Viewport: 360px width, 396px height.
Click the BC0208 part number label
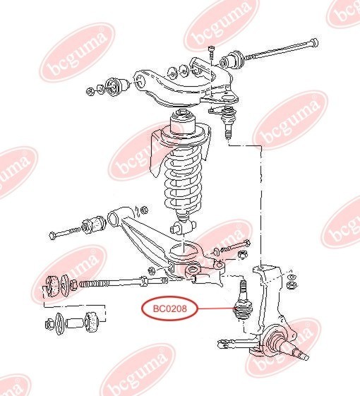pos(169,308)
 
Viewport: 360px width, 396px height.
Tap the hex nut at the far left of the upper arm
pos(90,92)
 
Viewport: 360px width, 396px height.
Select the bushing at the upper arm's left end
pos(117,87)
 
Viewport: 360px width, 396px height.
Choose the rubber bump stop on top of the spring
pos(182,121)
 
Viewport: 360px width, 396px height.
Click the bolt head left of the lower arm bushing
pos(53,235)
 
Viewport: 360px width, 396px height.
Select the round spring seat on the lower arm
pos(184,251)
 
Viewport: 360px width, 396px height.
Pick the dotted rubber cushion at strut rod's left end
pos(52,287)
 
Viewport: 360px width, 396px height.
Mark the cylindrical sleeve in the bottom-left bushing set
pos(75,323)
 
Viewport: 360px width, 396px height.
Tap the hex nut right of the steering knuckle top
pos(292,285)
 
